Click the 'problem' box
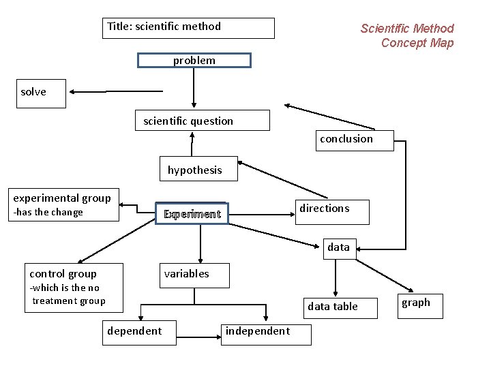(194, 61)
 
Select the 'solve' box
(43, 93)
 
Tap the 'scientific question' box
(202, 121)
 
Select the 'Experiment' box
(192, 214)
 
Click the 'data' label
(338, 247)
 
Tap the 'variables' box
(194, 275)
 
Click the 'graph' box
(419, 305)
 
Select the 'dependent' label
(134, 331)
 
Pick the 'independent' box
(267, 333)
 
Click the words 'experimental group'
(62, 198)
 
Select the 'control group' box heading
(63, 274)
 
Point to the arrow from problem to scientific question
(194, 88)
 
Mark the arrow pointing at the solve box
(116, 91)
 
